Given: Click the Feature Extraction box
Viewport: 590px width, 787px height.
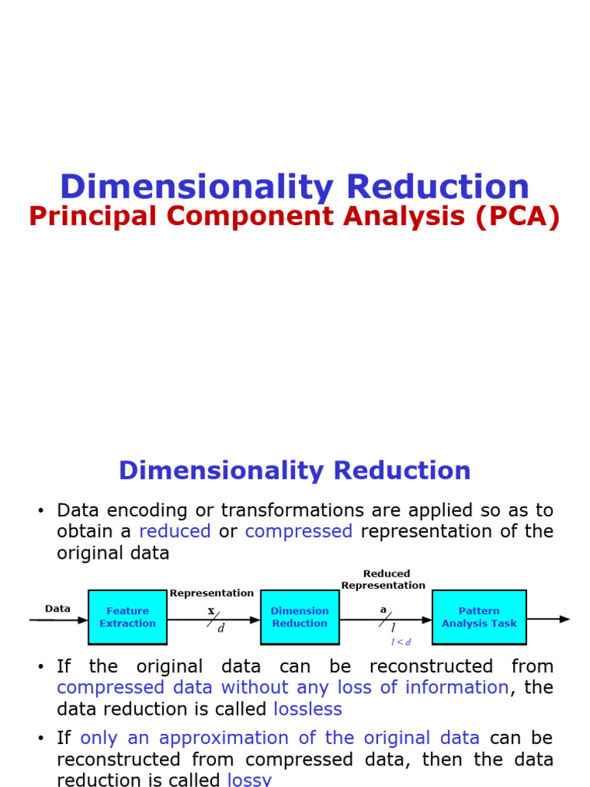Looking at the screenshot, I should (x=128, y=617).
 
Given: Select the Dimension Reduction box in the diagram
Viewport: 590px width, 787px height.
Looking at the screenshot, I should (x=300, y=617).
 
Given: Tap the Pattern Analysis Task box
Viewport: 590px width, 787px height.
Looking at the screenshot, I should (x=479, y=617).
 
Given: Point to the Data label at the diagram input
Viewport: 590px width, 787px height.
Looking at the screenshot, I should (x=58, y=609).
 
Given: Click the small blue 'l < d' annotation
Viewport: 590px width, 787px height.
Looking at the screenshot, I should (x=401, y=642).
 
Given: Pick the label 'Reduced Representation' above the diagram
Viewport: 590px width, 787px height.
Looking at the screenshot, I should (x=383, y=579).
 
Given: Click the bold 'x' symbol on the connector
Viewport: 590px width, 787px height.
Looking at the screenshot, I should (x=211, y=611).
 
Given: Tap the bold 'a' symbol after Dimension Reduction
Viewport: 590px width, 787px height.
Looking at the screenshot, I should (x=383, y=610).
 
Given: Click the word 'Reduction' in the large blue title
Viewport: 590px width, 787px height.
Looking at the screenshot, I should (x=437, y=188).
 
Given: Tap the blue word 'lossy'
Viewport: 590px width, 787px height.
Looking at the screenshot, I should (x=250, y=779).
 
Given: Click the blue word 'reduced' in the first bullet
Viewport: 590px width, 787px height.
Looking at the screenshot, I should (x=175, y=531).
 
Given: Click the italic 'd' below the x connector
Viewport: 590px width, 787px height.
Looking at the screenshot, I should (x=221, y=628).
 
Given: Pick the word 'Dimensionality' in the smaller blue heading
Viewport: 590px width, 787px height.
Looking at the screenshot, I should (x=216, y=470).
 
